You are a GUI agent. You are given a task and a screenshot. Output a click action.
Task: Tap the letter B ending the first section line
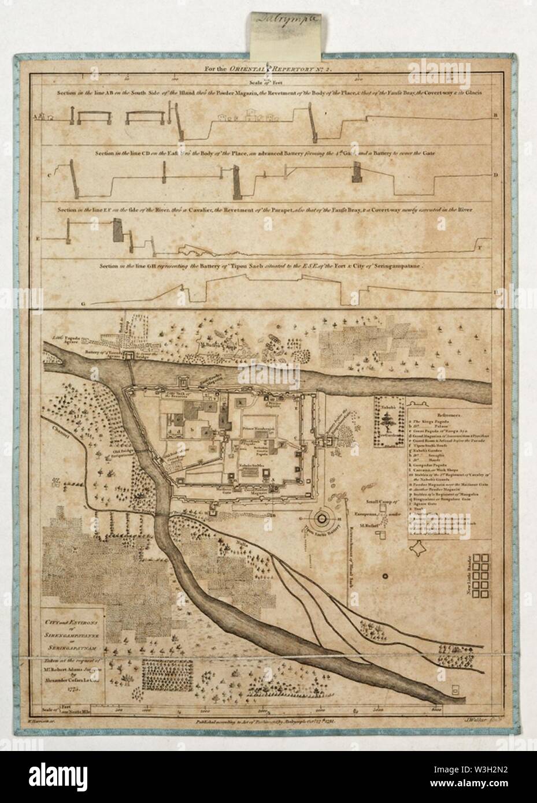pos(495,116)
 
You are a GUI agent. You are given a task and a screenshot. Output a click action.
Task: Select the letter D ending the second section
pos(495,174)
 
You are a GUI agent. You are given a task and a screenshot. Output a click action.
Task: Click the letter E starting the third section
pos(38,238)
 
